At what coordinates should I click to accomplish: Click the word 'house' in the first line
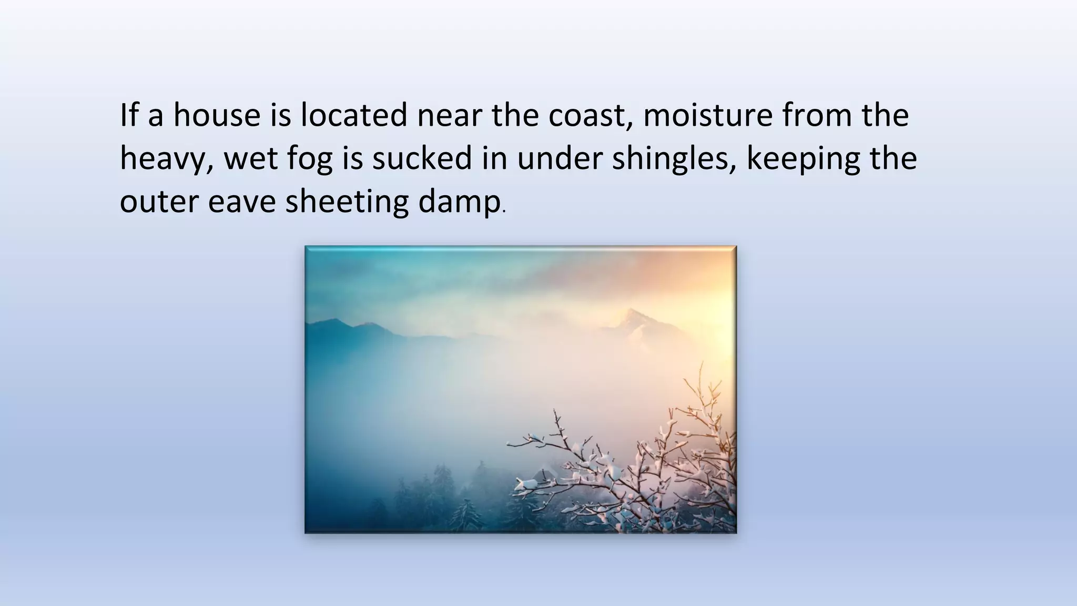[x=217, y=115]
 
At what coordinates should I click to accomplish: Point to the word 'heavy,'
[x=166, y=159]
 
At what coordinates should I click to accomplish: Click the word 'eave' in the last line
[x=241, y=203]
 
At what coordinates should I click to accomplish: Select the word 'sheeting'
[x=347, y=203]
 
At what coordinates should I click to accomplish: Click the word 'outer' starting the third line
[x=159, y=203]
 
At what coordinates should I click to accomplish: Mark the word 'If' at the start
[x=129, y=115]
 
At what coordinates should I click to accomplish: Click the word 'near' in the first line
[x=449, y=115]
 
